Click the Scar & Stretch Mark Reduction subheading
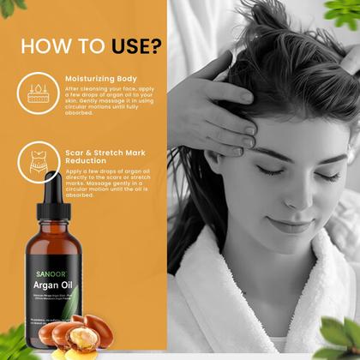pyautogui.click(x=105, y=158)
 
